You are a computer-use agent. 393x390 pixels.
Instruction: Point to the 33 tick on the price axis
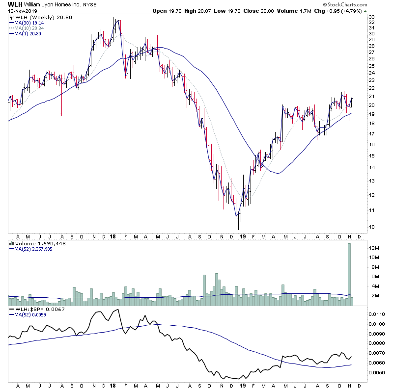(372, 17)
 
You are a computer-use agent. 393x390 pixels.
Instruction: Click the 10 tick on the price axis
(372, 227)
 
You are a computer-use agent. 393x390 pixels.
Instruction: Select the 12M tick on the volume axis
(374, 248)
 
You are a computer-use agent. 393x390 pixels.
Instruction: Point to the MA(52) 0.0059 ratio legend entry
(29, 315)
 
